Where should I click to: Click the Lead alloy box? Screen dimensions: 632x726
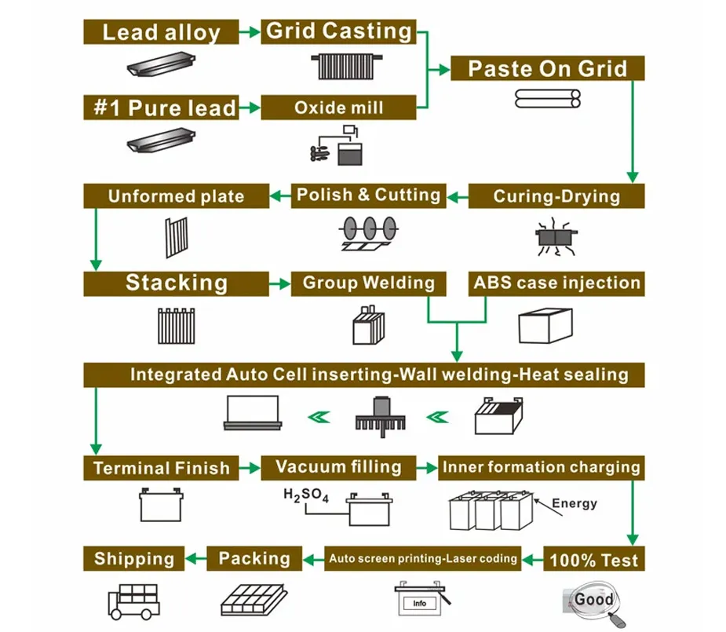161,32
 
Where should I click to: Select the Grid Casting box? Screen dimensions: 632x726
338,31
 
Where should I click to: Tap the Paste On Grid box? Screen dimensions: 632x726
547,68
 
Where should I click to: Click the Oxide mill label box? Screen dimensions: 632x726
338,108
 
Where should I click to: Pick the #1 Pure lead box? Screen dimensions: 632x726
161,108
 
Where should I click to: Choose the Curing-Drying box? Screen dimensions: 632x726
556,195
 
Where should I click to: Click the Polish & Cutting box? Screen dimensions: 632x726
368,195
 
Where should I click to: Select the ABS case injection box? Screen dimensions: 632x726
556,283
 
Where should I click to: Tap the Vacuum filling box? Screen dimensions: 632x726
338,467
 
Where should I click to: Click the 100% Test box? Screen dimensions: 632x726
594,560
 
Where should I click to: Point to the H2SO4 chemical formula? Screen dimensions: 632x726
305,496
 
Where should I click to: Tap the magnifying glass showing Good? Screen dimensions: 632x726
594,601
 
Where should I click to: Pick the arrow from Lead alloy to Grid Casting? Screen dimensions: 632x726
250,32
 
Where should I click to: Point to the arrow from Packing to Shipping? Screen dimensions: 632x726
195,559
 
